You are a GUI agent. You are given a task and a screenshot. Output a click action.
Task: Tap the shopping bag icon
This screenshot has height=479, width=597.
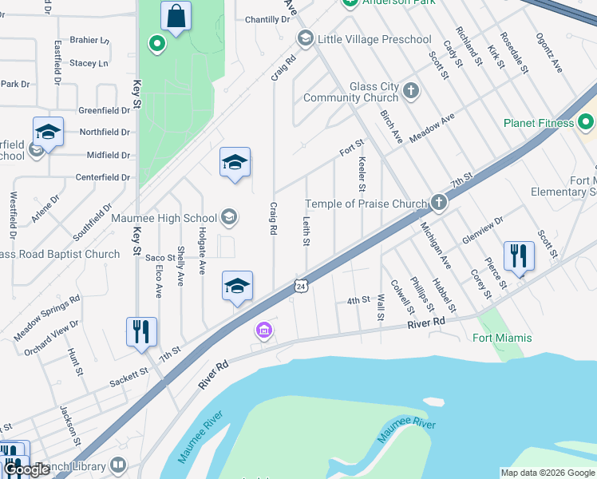click(x=175, y=15)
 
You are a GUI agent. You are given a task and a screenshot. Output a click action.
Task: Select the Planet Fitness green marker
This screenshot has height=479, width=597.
click(x=587, y=123)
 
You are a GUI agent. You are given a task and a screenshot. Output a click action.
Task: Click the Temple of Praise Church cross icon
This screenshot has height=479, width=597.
click(x=438, y=204)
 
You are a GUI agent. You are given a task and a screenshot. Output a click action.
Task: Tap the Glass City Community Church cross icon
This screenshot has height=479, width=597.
click(x=411, y=89)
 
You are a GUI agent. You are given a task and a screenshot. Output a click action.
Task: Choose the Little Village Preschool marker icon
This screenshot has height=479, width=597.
click(x=304, y=39)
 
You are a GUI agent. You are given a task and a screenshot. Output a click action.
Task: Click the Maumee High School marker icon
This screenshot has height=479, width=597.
click(x=228, y=218)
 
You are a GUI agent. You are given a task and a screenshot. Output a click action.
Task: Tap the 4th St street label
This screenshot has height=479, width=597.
click(x=358, y=300)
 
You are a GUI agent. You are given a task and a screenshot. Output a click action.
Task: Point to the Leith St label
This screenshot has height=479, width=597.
click(x=306, y=231)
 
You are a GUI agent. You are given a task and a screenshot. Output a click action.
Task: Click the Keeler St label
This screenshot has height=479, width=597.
click(x=362, y=174)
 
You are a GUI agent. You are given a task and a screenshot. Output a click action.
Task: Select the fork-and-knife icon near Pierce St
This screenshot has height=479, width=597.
click(x=519, y=255)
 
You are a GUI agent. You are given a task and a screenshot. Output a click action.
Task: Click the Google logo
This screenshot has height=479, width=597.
click(x=26, y=470)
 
